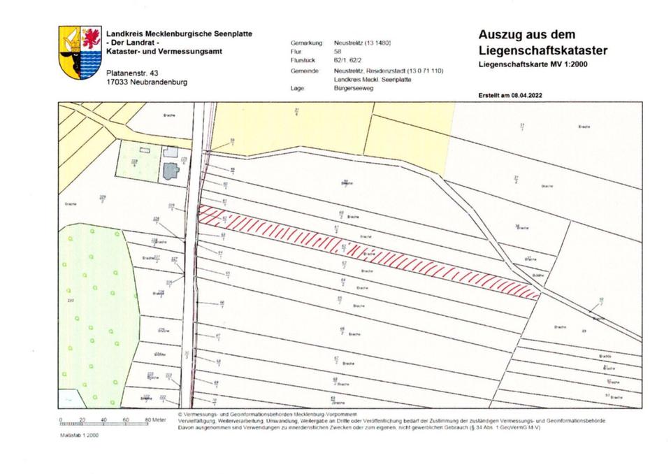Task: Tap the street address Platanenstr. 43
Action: point(132,73)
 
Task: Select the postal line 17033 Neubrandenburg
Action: point(146,82)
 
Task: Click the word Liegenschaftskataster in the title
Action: point(543,51)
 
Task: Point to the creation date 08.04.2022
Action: point(531,95)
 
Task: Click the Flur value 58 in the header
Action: point(339,51)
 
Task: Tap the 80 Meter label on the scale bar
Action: point(155,419)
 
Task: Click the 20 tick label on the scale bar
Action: point(82,419)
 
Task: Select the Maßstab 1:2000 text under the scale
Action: point(80,434)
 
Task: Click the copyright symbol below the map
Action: point(180,414)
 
